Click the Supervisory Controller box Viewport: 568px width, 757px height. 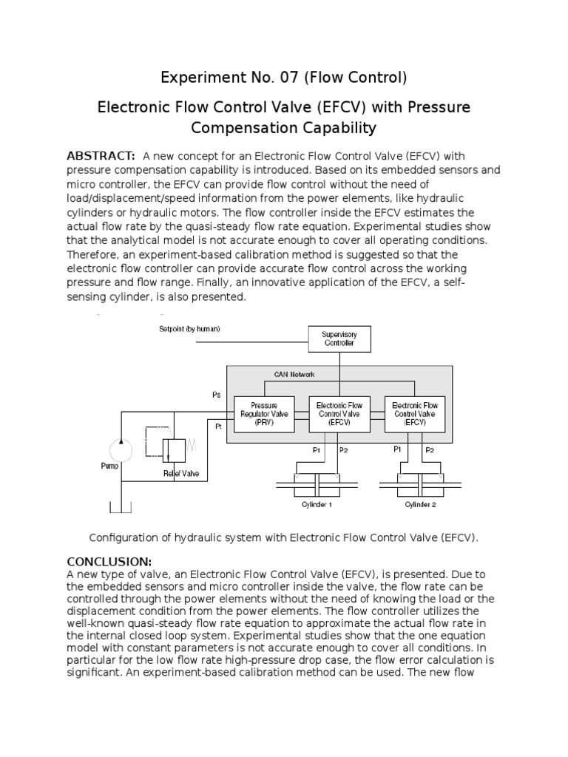(339, 339)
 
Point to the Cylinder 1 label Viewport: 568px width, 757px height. (317, 504)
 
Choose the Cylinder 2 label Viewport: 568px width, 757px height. (420, 504)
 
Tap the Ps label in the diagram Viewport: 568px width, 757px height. (217, 395)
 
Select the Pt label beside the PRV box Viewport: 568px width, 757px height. (219, 427)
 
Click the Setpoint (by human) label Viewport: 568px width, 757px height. (189, 328)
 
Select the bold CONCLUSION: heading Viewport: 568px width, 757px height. (109, 561)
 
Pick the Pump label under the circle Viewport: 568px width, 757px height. (109, 467)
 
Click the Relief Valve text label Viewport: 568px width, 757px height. (181, 473)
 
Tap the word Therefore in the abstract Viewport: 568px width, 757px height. (96, 254)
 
